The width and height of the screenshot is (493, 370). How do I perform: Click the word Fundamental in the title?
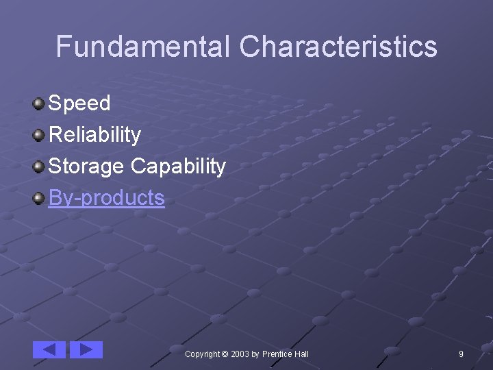click(x=143, y=47)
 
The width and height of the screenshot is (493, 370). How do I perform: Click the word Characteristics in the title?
click(x=338, y=47)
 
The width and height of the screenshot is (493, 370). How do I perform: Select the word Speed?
click(x=79, y=103)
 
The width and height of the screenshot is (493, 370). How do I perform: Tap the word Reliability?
click(x=94, y=135)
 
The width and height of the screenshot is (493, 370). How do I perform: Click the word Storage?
click(x=86, y=166)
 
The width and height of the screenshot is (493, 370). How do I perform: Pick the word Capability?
click(x=178, y=166)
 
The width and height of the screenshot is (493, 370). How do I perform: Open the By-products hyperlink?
click(x=106, y=198)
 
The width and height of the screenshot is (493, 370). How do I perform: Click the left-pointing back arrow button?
click(x=49, y=349)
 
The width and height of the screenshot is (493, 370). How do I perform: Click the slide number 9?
click(x=461, y=354)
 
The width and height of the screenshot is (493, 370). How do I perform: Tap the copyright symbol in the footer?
click(x=225, y=354)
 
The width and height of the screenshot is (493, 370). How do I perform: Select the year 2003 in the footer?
click(x=240, y=354)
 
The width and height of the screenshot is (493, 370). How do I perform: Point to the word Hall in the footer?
click(x=301, y=354)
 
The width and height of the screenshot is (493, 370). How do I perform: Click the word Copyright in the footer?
click(x=202, y=354)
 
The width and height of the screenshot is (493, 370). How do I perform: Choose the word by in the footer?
click(x=255, y=354)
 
